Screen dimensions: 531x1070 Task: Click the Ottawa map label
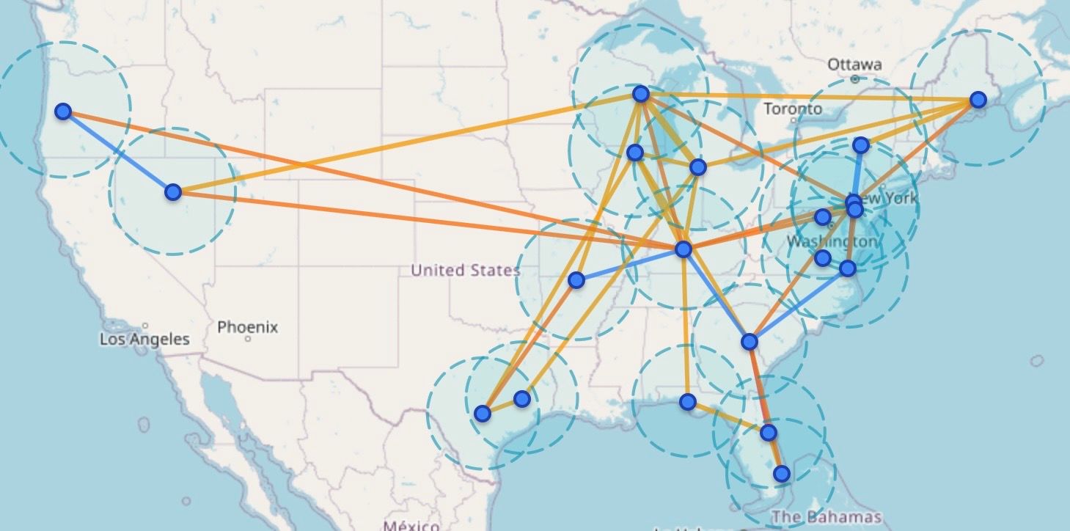(854, 65)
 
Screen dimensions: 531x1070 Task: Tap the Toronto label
(793, 109)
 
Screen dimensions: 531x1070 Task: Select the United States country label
(465, 271)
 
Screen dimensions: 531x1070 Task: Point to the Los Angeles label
(144, 340)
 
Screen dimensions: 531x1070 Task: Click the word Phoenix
(248, 327)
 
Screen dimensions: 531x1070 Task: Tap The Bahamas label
(827, 516)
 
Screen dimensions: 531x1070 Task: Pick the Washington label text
(831, 241)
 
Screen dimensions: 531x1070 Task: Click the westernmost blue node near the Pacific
(63, 111)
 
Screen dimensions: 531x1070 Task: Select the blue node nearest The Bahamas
(782, 474)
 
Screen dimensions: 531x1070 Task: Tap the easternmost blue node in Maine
(978, 100)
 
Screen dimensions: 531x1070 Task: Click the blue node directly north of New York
(861, 145)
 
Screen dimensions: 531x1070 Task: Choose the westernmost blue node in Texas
(482, 414)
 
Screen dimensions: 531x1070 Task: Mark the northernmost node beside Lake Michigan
(641, 94)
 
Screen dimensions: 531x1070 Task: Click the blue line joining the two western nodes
(117, 152)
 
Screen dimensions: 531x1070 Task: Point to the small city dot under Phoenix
(249, 340)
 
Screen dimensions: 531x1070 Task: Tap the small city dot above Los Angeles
(146, 325)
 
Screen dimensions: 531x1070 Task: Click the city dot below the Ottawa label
(855, 78)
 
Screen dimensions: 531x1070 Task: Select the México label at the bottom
(410, 524)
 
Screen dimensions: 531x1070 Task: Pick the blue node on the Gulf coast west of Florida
(687, 402)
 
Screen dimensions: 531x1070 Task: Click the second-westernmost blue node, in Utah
(172, 192)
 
